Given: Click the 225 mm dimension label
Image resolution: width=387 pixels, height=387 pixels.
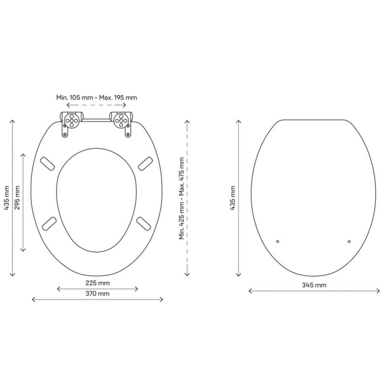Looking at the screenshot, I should (97, 283).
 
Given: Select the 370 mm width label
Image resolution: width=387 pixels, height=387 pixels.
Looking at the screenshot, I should (97, 293).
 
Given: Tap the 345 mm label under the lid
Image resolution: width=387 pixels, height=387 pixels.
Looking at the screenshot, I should (314, 285).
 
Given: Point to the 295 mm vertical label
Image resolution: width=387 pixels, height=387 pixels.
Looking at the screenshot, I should (17, 197).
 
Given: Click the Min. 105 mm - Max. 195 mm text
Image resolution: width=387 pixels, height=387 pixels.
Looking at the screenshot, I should (96, 97).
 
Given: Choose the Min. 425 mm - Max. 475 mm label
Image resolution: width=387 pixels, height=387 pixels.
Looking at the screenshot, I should (182, 198).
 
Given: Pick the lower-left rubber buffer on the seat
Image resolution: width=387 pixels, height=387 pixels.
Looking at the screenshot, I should (50, 223).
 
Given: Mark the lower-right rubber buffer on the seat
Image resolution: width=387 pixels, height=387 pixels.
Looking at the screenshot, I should (144, 223).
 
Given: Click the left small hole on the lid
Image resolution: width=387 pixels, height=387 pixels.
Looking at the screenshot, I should (278, 241).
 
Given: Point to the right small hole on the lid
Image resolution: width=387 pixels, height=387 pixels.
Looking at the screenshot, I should (349, 241).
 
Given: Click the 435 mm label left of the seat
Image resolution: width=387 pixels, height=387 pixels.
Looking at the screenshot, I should (6, 197).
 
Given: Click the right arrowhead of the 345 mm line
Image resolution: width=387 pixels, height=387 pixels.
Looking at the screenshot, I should (379, 291).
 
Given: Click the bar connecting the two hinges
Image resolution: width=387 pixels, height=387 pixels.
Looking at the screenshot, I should (96, 120).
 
